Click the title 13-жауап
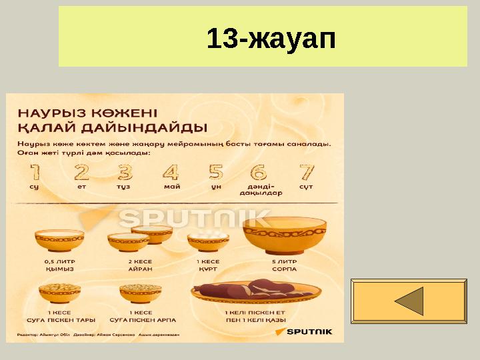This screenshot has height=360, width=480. pos(271,39)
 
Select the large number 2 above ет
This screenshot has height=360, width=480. pos(81,173)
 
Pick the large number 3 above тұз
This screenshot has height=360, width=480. pos(125,173)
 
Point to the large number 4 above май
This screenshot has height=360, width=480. pos(171,173)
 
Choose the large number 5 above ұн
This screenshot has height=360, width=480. pos(216,173)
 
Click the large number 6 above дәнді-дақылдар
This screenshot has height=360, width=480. pos(259,173)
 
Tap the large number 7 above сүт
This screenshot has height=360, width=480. pos(307,173)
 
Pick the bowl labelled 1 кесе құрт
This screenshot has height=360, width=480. pos(208,242)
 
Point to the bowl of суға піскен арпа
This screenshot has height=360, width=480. pos(140,292)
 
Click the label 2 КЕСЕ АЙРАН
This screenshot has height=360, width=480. pos(141,265)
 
